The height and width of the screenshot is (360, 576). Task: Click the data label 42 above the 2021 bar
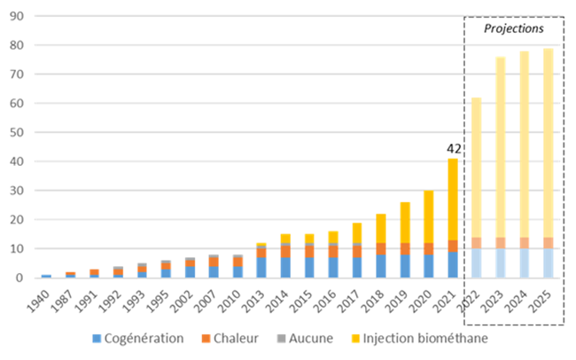(454, 150)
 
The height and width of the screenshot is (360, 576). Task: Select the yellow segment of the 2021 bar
(454, 200)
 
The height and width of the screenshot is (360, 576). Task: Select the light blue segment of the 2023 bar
(500, 262)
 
